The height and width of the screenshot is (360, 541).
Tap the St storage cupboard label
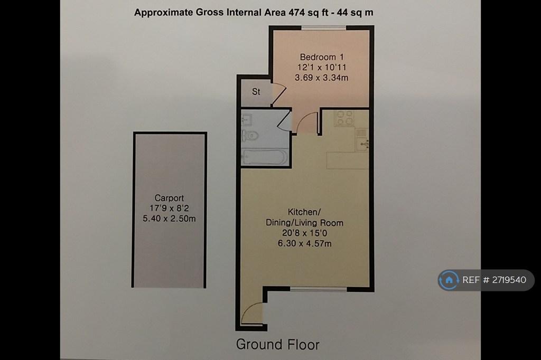pos(256,92)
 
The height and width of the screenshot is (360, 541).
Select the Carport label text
pos(169,198)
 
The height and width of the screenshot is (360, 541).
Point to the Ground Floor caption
pos(278,345)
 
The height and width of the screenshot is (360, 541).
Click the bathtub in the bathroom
pos(265,157)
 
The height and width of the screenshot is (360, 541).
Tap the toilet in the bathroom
pos(250,136)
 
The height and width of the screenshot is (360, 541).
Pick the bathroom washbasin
pos(247,120)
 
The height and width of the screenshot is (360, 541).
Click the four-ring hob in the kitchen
pos(344,118)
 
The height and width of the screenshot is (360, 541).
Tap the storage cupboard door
pos(279,94)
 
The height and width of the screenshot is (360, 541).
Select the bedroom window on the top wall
pos(324,27)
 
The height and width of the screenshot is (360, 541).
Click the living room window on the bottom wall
pos(319,289)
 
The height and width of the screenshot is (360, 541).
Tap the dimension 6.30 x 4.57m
pos(305,243)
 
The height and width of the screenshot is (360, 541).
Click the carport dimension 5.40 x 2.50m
pos(169,219)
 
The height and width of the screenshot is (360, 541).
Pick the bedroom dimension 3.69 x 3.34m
pos(321,78)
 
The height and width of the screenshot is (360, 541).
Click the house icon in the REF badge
pos(449,280)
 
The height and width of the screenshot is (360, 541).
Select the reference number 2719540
pos(509,280)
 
